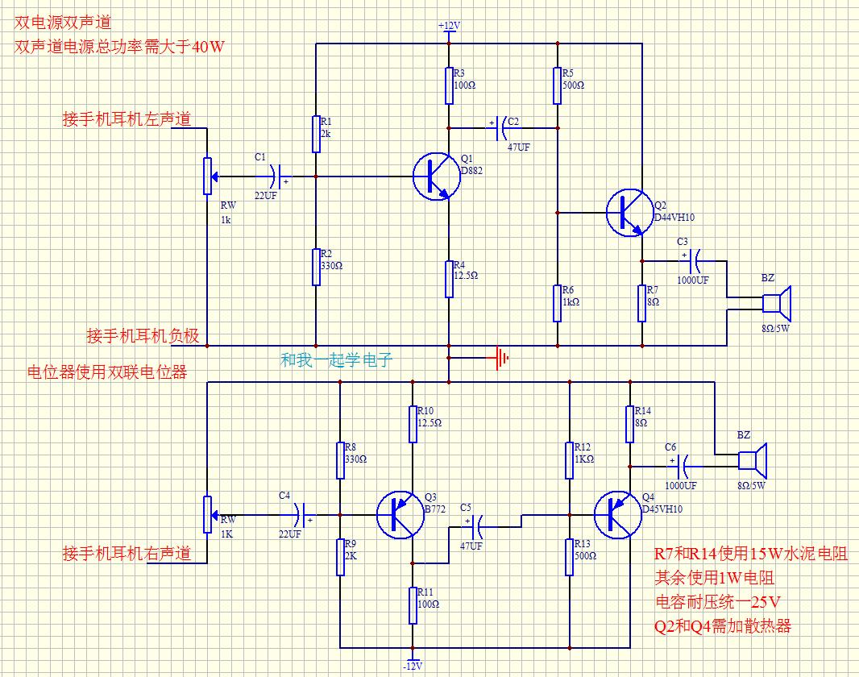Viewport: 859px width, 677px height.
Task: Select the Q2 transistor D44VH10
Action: [629, 213]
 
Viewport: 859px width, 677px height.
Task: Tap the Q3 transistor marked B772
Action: [400, 515]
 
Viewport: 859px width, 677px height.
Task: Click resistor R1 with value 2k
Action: [316, 134]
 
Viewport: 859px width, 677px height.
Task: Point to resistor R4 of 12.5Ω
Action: [449, 279]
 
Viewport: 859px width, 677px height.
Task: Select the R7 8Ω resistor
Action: [642, 303]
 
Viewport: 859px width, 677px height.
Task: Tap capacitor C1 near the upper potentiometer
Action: [275, 177]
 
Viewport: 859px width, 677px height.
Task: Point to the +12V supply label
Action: [449, 26]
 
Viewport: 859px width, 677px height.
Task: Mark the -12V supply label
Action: [413, 667]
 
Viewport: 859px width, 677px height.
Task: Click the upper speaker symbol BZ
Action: [778, 303]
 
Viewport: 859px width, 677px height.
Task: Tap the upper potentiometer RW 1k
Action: [207, 175]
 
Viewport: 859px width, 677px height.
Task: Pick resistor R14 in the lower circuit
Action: [629, 424]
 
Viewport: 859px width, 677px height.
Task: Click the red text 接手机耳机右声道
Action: [127, 554]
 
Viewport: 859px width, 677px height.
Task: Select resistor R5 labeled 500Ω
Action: [557, 85]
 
